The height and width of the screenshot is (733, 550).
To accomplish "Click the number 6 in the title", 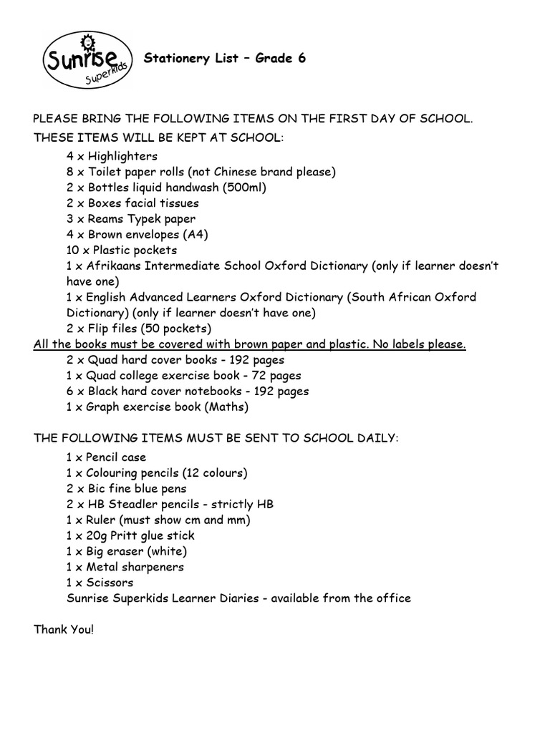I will (301, 59).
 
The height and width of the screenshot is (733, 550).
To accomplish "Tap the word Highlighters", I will (122, 156).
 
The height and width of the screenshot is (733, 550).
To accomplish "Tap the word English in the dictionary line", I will (108, 297).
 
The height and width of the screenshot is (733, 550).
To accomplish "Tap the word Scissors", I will (110, 583).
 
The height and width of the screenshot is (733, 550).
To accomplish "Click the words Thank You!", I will (64, 630).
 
